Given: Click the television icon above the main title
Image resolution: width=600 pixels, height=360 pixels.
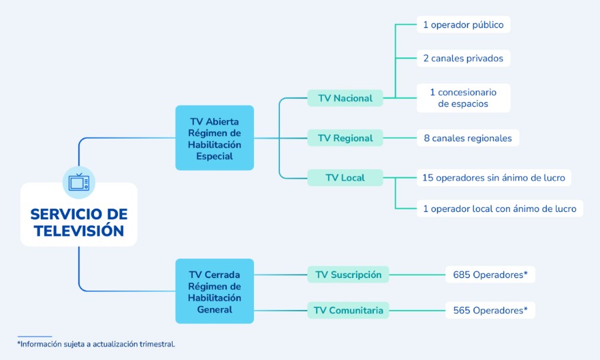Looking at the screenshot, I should (x=79, y=182).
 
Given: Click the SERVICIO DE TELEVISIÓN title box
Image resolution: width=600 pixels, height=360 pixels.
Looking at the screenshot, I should (x=79, y=222).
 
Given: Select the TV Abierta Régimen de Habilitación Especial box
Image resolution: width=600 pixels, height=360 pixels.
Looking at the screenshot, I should (x=215, y=138).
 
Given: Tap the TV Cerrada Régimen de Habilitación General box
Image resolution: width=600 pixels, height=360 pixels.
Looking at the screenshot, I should (x=215, y=291).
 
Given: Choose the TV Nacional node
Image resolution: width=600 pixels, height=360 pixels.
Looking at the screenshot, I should (x=345, y=98).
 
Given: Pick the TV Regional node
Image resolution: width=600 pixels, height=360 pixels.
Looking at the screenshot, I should (x=345, y=138).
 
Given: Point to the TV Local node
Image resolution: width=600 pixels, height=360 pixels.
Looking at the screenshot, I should (x=345, y=177).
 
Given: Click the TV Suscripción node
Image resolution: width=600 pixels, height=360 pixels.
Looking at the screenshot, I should (x=348, y=275).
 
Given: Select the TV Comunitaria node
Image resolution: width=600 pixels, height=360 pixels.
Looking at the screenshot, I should (x=348, y=310).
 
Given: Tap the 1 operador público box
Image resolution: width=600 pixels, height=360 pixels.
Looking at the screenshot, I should (x=463, y=25).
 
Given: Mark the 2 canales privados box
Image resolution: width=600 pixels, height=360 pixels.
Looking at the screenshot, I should (x=463, y=58).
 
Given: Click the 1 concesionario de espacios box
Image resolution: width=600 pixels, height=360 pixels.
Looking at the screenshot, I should (x=463, y=98).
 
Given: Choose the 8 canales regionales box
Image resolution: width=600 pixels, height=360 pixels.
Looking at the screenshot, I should (x=468, y=138).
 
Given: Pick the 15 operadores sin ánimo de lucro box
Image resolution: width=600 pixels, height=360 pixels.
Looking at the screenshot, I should (x=494, y=177).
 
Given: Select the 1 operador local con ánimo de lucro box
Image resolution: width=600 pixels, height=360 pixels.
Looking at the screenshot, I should (x=499, y=209).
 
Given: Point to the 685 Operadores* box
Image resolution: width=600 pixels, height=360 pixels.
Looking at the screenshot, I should (x=490, y=275).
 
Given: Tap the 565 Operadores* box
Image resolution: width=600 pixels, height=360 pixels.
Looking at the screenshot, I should (x=490, y=310).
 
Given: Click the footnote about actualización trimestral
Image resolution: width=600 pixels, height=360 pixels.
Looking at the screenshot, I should (x=96, y=344).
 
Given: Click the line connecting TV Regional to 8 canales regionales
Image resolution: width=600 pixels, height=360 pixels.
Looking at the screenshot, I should (x=400, y=138).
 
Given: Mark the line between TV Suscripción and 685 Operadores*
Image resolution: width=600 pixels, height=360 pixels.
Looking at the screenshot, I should (x=417, y=275).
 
